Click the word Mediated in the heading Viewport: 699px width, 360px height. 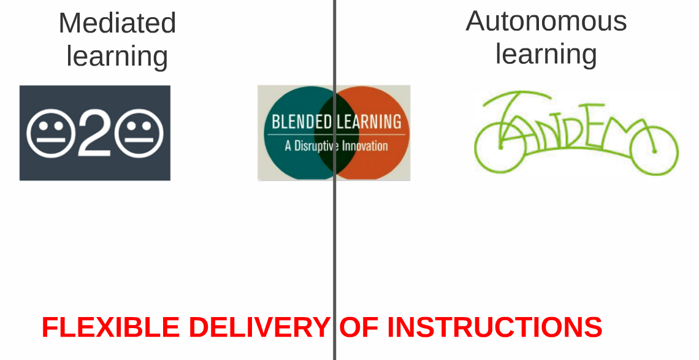pos(117,23)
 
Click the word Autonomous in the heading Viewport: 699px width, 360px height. pos(546,21)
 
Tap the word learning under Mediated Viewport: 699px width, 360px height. pos(117,56)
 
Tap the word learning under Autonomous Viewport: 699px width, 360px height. pos(546,53)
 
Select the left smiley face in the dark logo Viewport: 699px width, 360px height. pos(50,133)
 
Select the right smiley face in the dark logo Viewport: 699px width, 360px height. pos(139,133)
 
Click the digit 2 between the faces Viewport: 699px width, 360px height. pos(95,134)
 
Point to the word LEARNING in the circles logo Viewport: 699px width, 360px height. pos(369,121)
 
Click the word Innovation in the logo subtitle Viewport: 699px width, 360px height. pos(365,146)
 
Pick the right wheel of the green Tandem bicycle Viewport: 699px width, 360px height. pos(652,149)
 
